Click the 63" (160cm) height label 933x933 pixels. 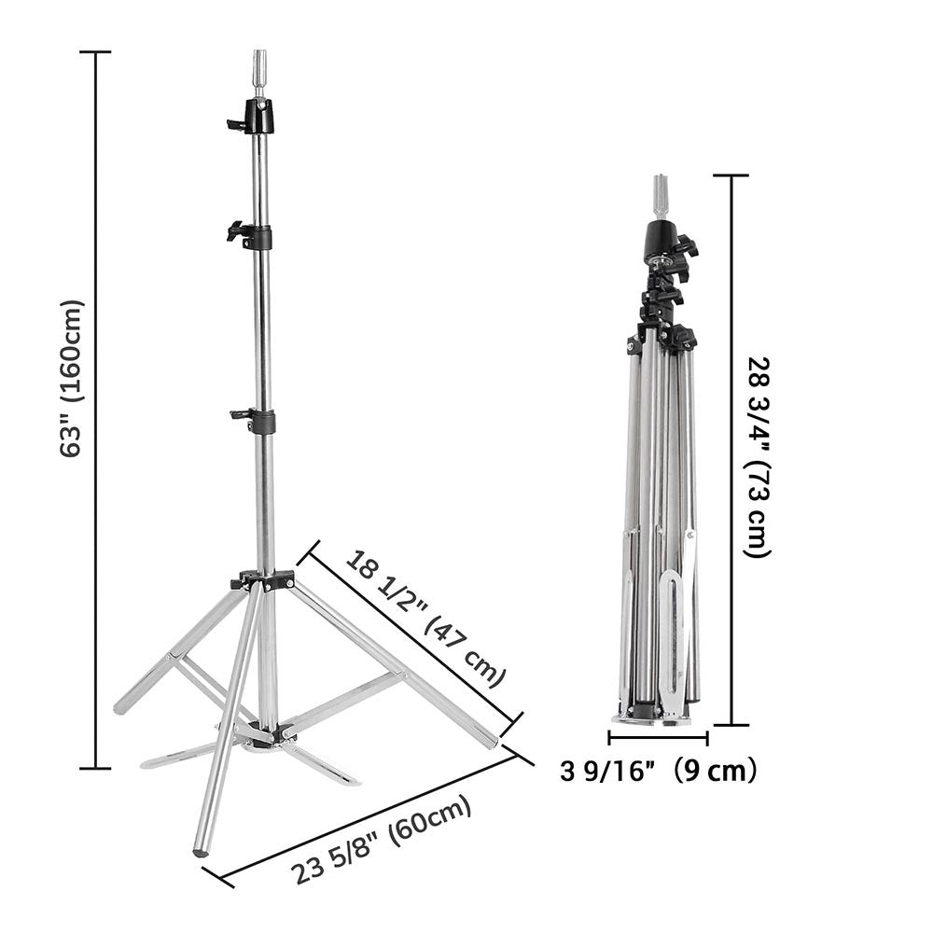click(72, 378)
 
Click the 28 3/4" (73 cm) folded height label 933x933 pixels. click(758, 457)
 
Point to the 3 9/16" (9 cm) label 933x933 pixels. click(658, 771)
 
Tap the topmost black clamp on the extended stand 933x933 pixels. click(255, 117)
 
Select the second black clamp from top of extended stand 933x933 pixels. click(252, 234)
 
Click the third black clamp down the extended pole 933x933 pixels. click(257, 420)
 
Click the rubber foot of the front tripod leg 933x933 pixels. click(200, 850)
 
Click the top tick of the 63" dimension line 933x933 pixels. click(95, 52)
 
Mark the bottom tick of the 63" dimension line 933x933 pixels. click(95, 768)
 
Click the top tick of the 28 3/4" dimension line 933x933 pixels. click(731, 174)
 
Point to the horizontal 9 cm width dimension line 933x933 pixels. click(658, 738)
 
